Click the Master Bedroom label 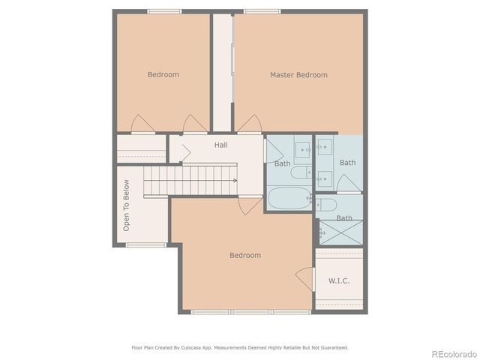(x=298, y=75)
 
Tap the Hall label (x=221, y=145)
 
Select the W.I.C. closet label (x=339, y=280)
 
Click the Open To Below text (x=127, y=205)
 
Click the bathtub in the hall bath (x=286, y=199)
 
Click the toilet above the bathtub (x=299, y=173)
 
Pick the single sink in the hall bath (x=304, y=150)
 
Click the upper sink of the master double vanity (x=325, y=150)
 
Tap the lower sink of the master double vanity (x=325, y=178)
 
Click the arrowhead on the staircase (x=235, y=181)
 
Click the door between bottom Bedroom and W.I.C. (x=305, y=278)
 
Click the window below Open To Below (x=145, y=244)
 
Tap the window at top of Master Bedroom (x=262, y=10)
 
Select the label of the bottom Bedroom (x=245, y=256)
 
